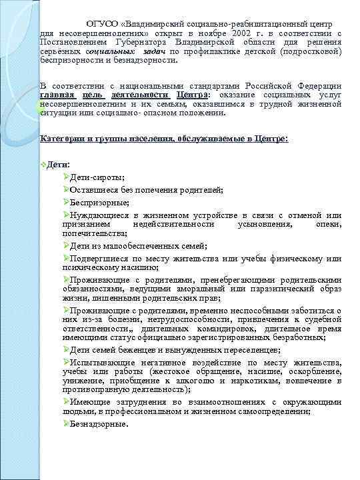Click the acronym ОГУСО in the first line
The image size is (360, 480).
coord(101,23)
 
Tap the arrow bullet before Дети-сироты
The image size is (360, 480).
coord(65,178)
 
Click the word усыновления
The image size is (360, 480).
coord(264,225)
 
